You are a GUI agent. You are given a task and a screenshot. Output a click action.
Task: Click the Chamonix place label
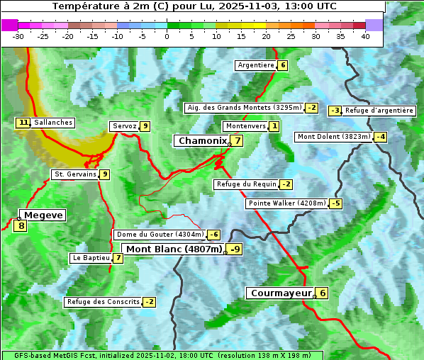pos(202,141)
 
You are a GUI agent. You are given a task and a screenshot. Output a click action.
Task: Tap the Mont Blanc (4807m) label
pos(174,249)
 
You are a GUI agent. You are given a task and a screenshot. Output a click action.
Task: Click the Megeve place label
pos(43,215)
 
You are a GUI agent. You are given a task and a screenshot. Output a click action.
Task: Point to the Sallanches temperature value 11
pos(23,123)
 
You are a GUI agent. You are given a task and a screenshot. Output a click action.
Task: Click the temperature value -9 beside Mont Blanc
pos(235,249)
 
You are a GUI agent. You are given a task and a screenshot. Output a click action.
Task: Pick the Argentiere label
pos(256,65)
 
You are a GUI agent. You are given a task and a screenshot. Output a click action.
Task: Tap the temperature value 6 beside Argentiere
pos(283,65)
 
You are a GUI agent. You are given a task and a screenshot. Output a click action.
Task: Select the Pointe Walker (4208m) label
pos(286,203)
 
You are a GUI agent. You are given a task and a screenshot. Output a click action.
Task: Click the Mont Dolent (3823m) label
pos(334,137)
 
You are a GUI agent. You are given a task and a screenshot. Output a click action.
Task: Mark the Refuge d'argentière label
pos(379,111)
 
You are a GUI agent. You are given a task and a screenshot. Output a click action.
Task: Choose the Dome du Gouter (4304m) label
pos(160,235)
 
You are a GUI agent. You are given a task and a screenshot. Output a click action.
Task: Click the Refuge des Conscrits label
pos(102,302)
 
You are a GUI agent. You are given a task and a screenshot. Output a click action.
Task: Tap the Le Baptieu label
pos(91,258)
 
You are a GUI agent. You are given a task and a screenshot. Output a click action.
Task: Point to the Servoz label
pos(124,126)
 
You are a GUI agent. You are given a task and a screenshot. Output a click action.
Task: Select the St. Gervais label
pos(75,174)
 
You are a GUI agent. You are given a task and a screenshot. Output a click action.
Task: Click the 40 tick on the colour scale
pos(365,36)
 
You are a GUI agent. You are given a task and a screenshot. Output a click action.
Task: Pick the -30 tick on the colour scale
pos(18,36)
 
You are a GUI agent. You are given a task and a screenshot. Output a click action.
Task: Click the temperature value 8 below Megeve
pos(21,227)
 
